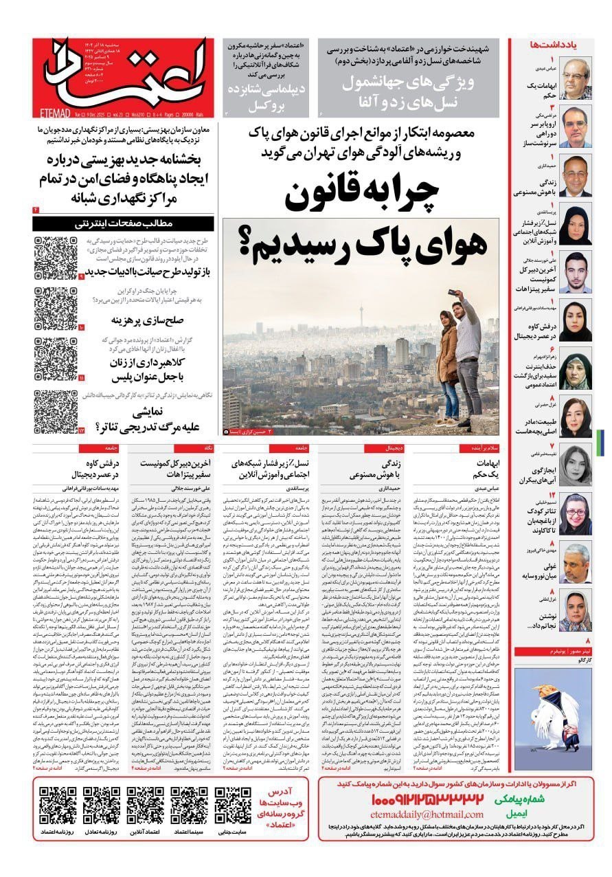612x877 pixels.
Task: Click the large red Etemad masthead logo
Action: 120,72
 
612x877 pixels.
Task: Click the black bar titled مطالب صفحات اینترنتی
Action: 126,223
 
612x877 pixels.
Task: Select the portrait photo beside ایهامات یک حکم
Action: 576,77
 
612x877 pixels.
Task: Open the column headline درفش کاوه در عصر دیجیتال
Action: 96,469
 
